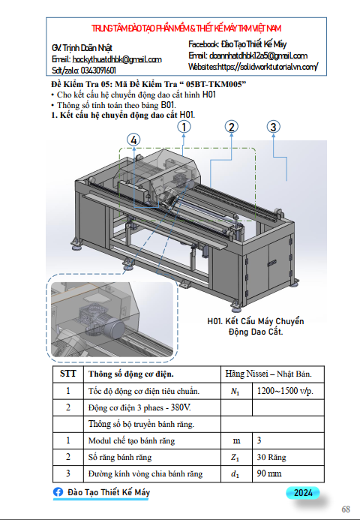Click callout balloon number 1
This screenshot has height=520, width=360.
click(x=184, y=127)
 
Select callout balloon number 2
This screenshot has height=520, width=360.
click(x=232, y=127)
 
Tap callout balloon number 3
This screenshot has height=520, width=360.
click(x=273, y=127)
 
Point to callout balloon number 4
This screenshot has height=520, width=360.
click(x=133, y=140)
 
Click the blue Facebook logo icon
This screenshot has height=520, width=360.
click(x=58, y=491)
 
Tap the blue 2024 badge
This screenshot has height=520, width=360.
click(x=303, y=493)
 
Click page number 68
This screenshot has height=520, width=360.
click(x=346, y=509)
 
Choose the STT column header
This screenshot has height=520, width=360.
click(x=68, y=374)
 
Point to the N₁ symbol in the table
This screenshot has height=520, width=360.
click(x=235, y=392)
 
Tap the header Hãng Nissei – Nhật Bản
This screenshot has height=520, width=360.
click(x=268, y=374)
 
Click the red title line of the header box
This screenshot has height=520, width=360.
click(x=186, y=29)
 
